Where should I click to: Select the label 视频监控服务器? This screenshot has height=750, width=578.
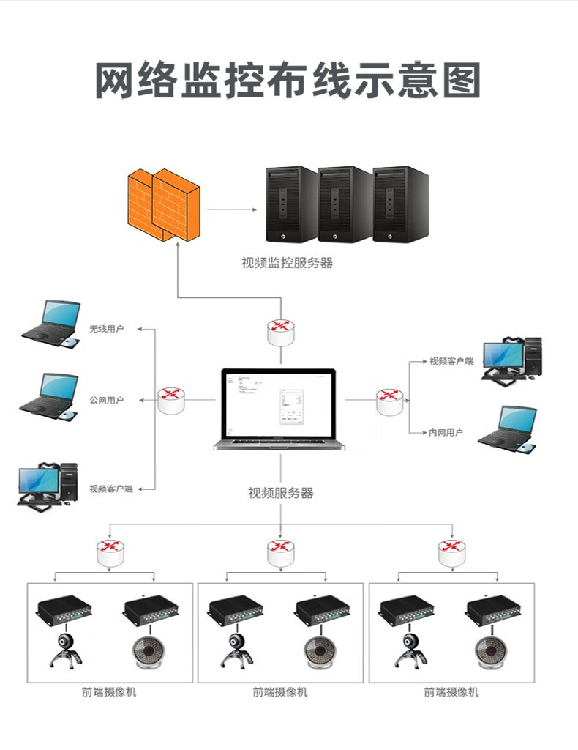click(287, 263)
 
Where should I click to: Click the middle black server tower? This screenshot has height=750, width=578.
click(345, 204)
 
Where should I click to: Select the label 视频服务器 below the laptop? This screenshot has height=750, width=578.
click(281, 494)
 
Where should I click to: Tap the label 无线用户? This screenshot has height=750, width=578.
click(106, 329)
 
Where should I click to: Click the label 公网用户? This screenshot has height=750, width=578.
click(106, 401)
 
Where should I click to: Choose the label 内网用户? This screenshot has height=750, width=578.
click(446, 433)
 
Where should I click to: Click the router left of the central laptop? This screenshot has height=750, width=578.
click(171, 400)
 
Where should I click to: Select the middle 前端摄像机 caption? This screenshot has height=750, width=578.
click(280, 692)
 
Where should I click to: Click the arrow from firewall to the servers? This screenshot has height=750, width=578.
click(232, 209)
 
